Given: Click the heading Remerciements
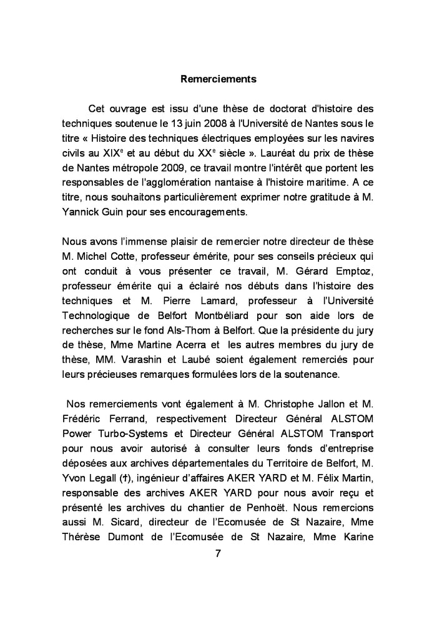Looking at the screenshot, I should coord(218,79).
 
